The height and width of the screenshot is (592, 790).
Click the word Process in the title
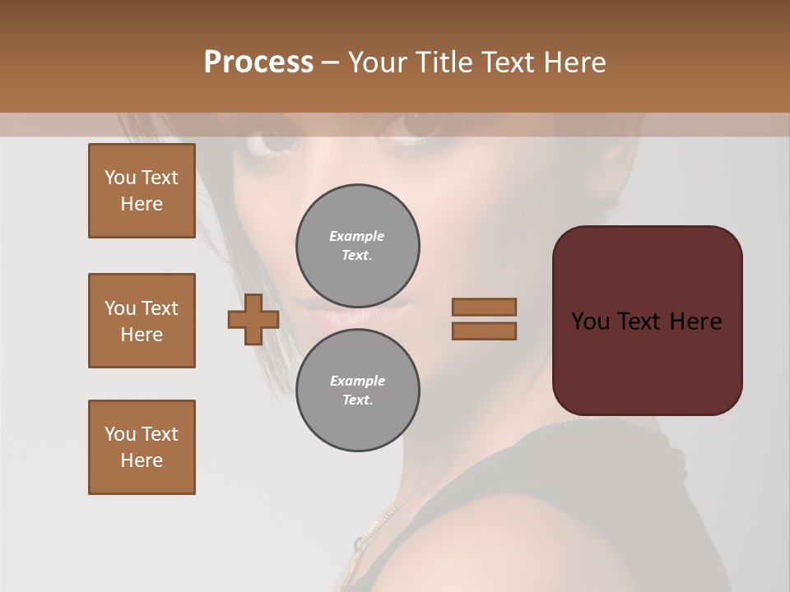258,62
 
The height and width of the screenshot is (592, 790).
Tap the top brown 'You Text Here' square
142,191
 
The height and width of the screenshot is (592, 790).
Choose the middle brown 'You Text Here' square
142,321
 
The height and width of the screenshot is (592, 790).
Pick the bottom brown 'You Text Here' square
142,447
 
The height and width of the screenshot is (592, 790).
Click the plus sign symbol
253,319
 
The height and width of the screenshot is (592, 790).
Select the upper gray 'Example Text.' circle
357,245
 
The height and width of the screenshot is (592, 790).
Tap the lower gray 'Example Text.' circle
357,390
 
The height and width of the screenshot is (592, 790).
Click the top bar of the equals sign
484,307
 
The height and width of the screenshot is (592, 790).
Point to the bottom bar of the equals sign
484,331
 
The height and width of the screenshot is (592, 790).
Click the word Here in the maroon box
695,321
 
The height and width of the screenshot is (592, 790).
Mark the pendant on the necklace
360,543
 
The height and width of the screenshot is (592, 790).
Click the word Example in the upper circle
356,236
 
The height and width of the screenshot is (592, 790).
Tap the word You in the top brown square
119,178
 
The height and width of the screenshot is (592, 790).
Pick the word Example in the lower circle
357,381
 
